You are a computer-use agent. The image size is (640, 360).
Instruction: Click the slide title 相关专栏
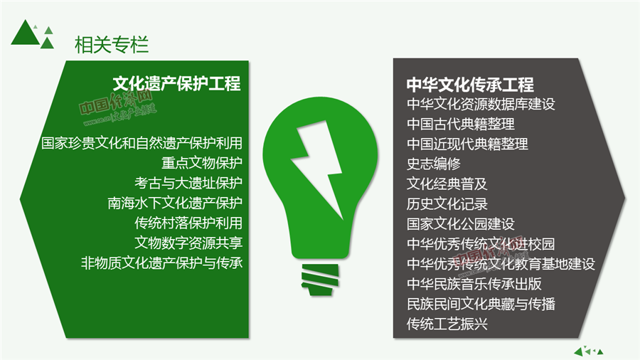point(112,45)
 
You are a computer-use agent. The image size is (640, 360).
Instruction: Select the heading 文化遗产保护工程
point(177,84)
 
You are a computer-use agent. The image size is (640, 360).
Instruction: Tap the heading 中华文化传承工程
point(470,85)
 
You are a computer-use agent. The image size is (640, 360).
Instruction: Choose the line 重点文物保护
point(202,163)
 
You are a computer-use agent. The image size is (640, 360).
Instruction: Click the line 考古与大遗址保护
point(188,183)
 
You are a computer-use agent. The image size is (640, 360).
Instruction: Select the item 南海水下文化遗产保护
point(175,203)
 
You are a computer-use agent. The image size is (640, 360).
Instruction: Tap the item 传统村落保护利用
point(188,223)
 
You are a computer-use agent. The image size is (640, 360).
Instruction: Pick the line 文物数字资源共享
point(188,243)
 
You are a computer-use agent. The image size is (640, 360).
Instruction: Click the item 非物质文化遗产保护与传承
point(161,263)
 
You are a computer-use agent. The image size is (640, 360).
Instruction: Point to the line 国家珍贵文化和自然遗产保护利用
point(142,143)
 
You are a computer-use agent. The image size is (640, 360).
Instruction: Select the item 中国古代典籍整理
point(460,124)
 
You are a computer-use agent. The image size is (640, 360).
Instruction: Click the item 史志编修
point(434,164)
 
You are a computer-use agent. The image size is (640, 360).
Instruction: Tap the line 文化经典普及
point(447,184)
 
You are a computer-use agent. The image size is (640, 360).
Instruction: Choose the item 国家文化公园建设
point(460,223)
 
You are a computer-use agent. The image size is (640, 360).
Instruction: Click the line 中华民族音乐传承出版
point(474,284)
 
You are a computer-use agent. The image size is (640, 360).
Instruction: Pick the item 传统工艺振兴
point(447,324)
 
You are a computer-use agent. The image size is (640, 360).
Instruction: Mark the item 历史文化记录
point(447,203)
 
